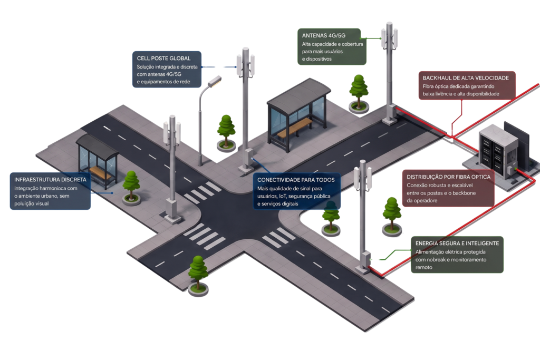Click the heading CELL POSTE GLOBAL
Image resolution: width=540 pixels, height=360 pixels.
[x=163, y=58]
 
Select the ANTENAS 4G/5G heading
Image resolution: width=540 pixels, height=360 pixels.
[x=324, y=35]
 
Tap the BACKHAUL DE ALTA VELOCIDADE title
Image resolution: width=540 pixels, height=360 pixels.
[x=466, y=78]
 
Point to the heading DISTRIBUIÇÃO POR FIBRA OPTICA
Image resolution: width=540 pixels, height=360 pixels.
[x=448, y=177]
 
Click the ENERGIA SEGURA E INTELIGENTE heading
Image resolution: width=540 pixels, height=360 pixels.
[x=457, y=244]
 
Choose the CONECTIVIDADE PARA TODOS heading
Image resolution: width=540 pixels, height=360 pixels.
[x=296, y=180]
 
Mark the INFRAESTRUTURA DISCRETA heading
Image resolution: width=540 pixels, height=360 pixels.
[x=50, y=180]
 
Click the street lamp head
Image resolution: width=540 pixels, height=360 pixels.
[x=215, y=81]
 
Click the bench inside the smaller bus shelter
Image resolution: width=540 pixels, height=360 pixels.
[x=101, y=174]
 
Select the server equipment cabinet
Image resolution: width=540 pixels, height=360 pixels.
[x=498, y=151]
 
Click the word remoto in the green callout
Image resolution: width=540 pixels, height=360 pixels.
[x=423, y=267]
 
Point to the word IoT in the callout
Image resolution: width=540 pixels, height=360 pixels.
[x=282, y=196]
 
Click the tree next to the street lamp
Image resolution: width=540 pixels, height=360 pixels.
[x=226, y=133]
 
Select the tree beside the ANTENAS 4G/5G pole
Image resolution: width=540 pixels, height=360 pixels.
[x=359, y=93]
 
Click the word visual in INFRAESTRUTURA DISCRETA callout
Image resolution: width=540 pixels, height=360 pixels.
[x=42, y=204]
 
